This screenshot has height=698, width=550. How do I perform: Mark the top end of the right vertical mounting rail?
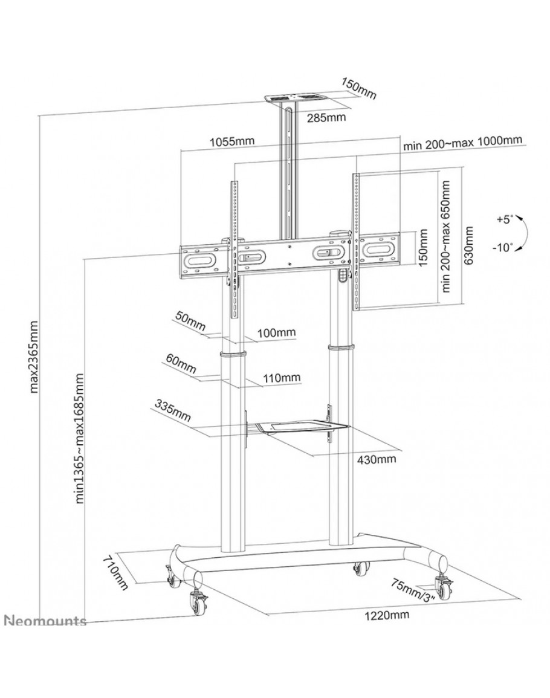click(356, 173)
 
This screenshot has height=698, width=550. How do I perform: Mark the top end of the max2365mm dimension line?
click(40, 116)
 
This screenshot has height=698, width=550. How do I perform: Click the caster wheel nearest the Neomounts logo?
click(196, 601)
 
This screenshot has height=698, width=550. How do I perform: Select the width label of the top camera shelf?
click(326, 117)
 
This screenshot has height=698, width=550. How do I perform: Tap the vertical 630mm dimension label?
click(468, 245)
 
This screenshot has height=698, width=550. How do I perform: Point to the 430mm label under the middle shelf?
click(377, 459)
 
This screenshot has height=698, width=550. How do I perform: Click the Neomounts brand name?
click(45, 621)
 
